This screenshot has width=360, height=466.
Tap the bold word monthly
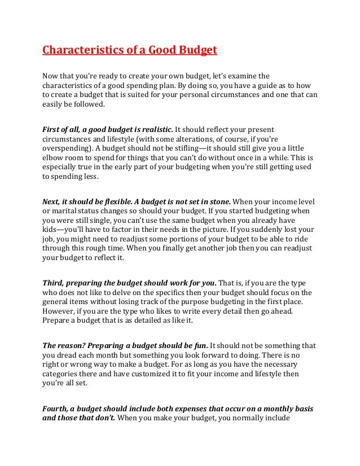(x=270, y=408)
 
